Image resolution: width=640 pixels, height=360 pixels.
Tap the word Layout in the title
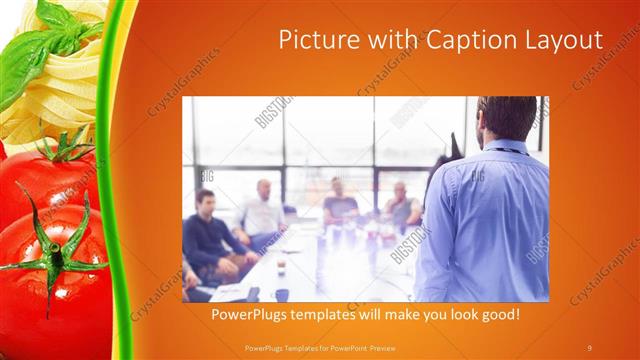(560, 41)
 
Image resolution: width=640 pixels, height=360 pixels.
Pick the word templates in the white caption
(336, 314)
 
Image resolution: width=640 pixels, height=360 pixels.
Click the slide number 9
(589, 347)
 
